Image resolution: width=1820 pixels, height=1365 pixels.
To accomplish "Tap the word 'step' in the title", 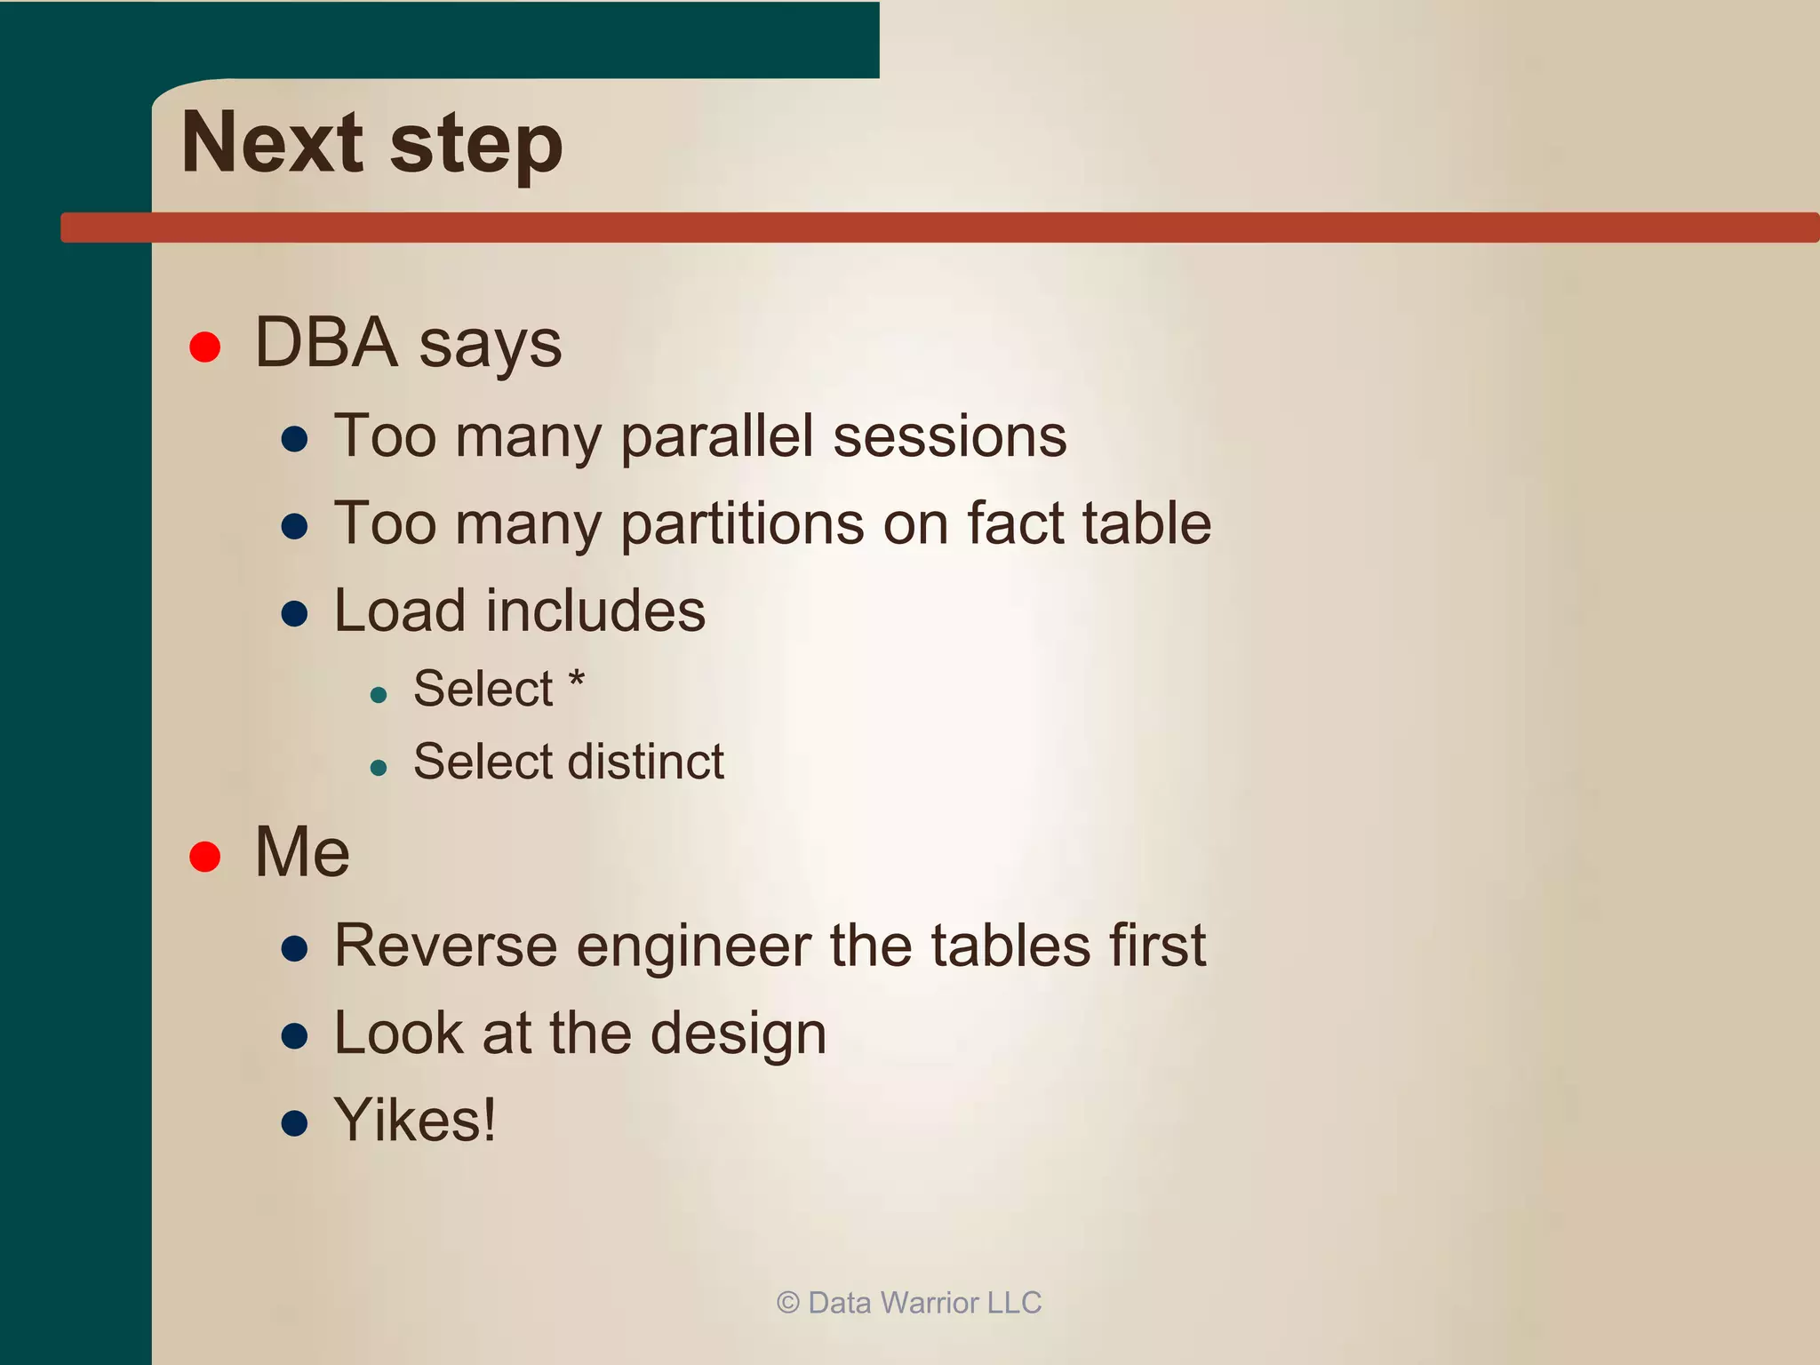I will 476,147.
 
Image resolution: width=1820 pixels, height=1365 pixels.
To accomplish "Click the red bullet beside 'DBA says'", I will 205,347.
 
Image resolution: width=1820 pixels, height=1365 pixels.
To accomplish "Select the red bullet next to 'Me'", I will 205,856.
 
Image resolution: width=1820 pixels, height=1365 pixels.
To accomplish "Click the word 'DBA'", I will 326,343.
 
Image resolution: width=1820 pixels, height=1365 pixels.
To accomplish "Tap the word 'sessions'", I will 950,437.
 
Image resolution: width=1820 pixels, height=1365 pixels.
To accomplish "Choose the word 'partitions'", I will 742,524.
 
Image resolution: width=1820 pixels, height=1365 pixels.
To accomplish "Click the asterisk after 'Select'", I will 577,681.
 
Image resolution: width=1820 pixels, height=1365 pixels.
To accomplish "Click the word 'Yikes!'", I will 415,1120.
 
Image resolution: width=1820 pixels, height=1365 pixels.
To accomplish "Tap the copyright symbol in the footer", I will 787,1303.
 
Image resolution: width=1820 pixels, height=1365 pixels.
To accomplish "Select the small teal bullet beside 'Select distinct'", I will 379,767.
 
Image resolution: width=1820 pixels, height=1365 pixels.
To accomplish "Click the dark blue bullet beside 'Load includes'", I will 294,613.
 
